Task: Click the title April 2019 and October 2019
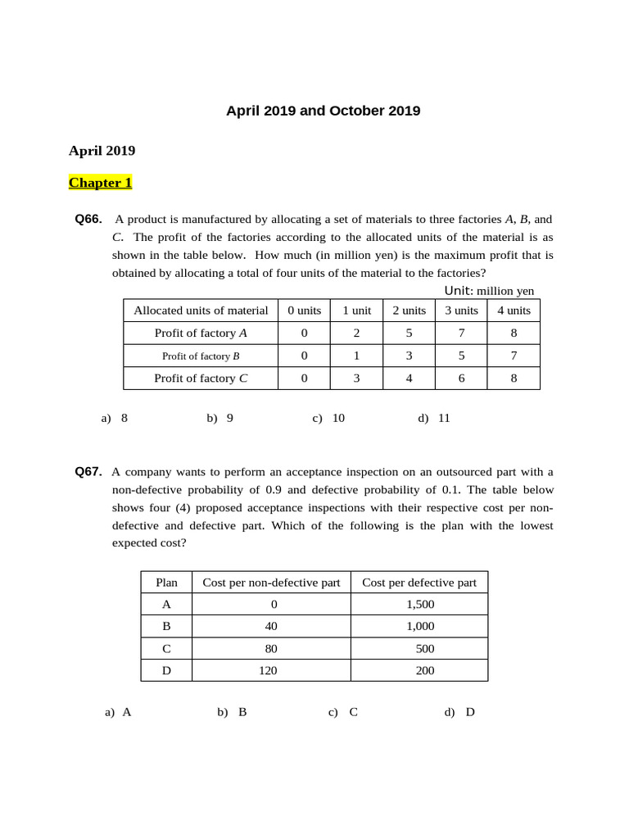click(x=323, y=111)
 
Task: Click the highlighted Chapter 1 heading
click(x=100, y=183)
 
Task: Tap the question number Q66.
click(x=88, y=220)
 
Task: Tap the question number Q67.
click(x=88, y=472)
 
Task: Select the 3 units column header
click(x=461, y=311)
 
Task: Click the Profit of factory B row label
click(x=201, y=356)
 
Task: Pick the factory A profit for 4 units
click(x=514, y=333)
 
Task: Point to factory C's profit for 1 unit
click(x=356, y=378)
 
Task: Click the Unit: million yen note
click(x=489, y=291)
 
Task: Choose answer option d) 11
click(x=434, y=418)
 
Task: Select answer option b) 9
click(x=220, y=418)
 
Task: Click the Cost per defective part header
click(x=419, y=583)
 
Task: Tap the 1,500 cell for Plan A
click(x=419, y=605)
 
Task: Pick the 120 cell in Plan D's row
click(x=271, y=670)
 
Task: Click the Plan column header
click(x=166, y=583)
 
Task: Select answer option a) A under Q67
click(x=119, y=712)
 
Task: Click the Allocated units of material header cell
click(x=201, y=311)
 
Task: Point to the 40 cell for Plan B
click(x=271, y=626)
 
